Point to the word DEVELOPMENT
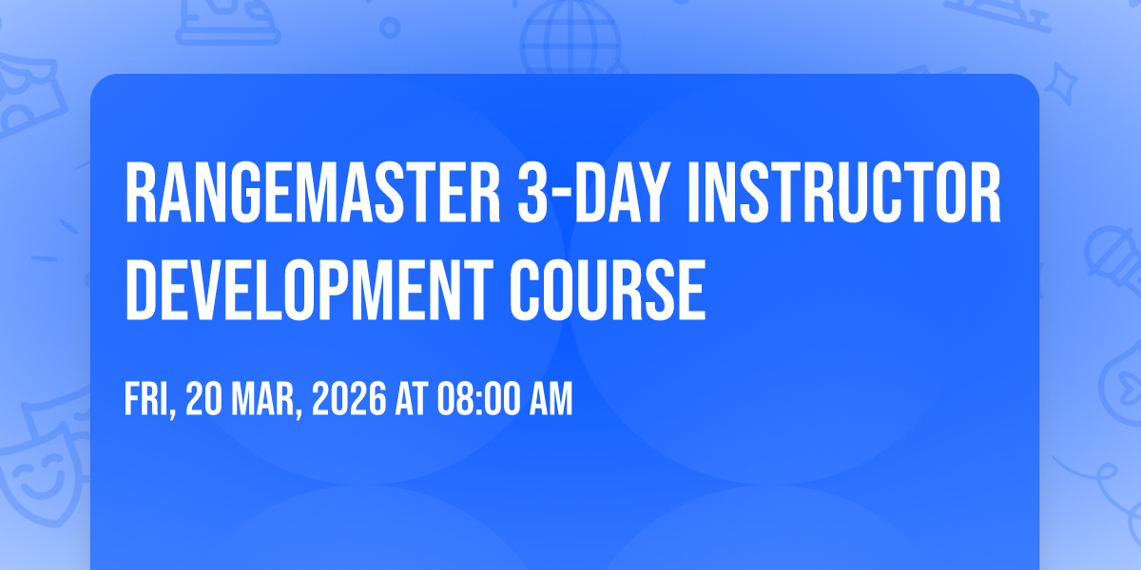(309, 290)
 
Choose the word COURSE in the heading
(608, 290)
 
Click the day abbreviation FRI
(146, 399)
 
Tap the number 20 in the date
(203, 399)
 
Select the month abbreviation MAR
(262, 399)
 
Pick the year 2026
(349, 399)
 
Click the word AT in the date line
(412, 399)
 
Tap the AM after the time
(551, 399)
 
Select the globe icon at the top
(570, 38)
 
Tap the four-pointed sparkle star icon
(1060, 84)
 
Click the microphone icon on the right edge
(1113, 258)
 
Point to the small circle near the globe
(390, 28)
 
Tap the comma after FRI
(172, 412)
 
